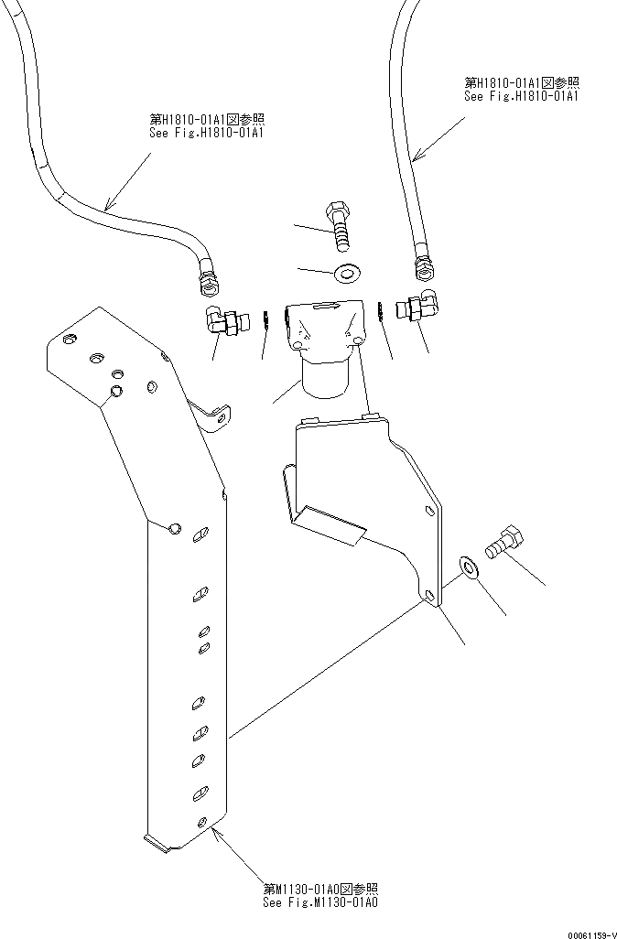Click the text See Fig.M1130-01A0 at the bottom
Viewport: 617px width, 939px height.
point(320,901)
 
